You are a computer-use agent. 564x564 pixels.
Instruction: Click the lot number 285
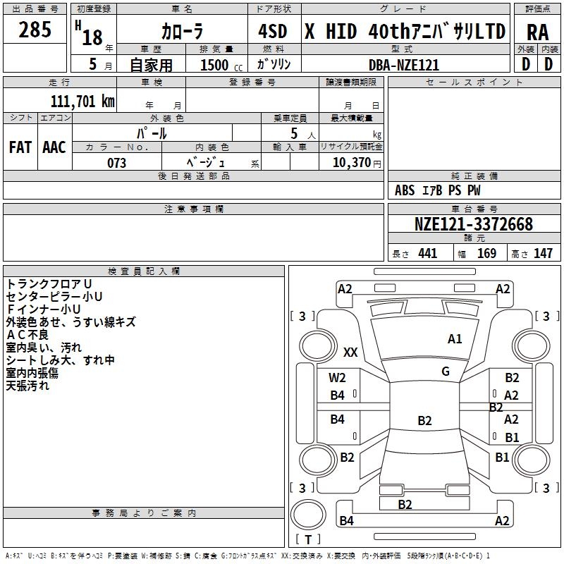35,30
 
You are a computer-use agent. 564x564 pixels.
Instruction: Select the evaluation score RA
537,32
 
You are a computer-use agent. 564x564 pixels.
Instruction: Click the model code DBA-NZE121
404,65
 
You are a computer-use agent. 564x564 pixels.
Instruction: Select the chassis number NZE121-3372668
474,224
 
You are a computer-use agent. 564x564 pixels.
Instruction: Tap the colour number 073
117,163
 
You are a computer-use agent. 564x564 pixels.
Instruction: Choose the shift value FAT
20,147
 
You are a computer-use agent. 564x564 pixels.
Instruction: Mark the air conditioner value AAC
54,147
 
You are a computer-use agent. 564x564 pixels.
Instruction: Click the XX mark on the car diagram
350,352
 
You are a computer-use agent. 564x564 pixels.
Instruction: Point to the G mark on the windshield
446,372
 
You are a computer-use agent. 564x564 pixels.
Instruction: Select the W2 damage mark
338,379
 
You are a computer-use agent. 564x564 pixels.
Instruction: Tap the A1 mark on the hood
455,339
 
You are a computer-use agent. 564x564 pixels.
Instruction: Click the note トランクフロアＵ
49,283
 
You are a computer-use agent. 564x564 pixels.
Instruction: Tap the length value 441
427,254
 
